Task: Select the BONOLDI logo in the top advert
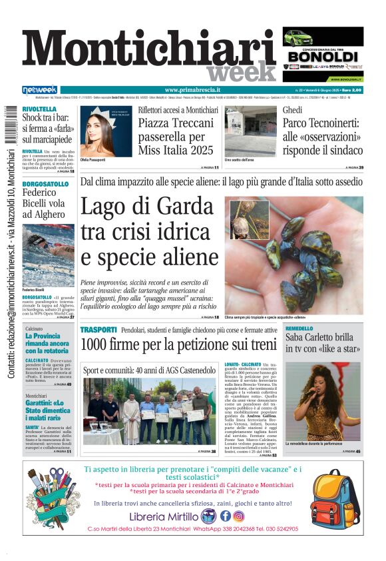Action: click(323, 56)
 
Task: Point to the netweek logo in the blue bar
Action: click(40, 90)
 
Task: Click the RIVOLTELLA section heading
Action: click(39, 109)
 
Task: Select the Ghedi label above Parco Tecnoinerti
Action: click(292, 109)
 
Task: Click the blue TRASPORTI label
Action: click(98, 330)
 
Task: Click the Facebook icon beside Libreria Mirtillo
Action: click(225, 516)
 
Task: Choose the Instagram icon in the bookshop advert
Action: click(239, 516)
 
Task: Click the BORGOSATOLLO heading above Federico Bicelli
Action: click(45, 183)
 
